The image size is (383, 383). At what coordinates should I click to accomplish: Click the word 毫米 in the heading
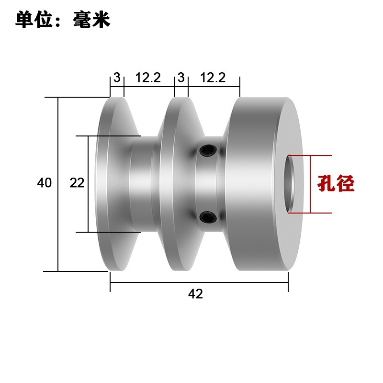[92, 20]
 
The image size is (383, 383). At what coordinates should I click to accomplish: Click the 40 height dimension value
[44, 182]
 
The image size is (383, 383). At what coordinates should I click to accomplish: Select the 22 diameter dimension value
[77, 182]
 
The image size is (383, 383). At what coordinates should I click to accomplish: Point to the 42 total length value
[195, 294]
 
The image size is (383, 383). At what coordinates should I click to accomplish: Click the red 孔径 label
[337, 184]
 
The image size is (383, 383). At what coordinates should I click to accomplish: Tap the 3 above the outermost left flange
[117, 77]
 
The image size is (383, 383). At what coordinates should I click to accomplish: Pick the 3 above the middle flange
[181, 77]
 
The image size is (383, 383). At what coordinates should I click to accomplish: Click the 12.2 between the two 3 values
[148, 77]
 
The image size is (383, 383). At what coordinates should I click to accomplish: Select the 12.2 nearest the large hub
[213, 77]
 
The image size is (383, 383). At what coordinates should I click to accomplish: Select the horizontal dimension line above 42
[199, 283]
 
